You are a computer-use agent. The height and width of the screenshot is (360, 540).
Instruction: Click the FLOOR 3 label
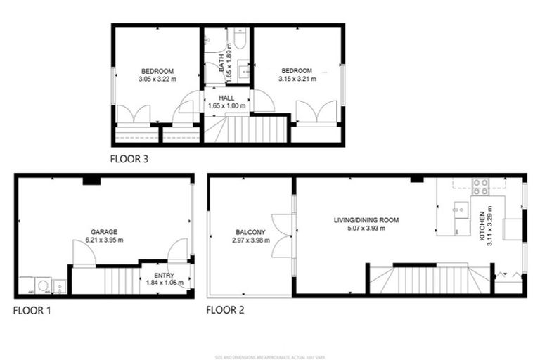[129, 159]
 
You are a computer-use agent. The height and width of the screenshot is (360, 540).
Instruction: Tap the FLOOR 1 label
[32, 309]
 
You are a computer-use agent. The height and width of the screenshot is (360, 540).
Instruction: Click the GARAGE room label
[103, 232]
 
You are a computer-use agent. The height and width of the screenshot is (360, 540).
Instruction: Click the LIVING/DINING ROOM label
[366, 220]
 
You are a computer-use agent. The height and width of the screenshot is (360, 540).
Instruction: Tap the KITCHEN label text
[482, 226]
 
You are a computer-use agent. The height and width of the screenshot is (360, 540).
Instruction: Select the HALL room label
[226, 98]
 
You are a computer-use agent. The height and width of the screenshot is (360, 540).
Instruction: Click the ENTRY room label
[163, 276]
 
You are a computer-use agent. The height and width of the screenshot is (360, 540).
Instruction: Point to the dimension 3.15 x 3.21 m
[298, 79]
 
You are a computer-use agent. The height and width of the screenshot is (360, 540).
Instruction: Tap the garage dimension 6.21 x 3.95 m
[103, 240]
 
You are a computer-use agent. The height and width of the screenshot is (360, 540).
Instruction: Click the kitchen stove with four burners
[480, 187]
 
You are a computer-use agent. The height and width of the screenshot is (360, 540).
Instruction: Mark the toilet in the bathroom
[238, 41]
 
